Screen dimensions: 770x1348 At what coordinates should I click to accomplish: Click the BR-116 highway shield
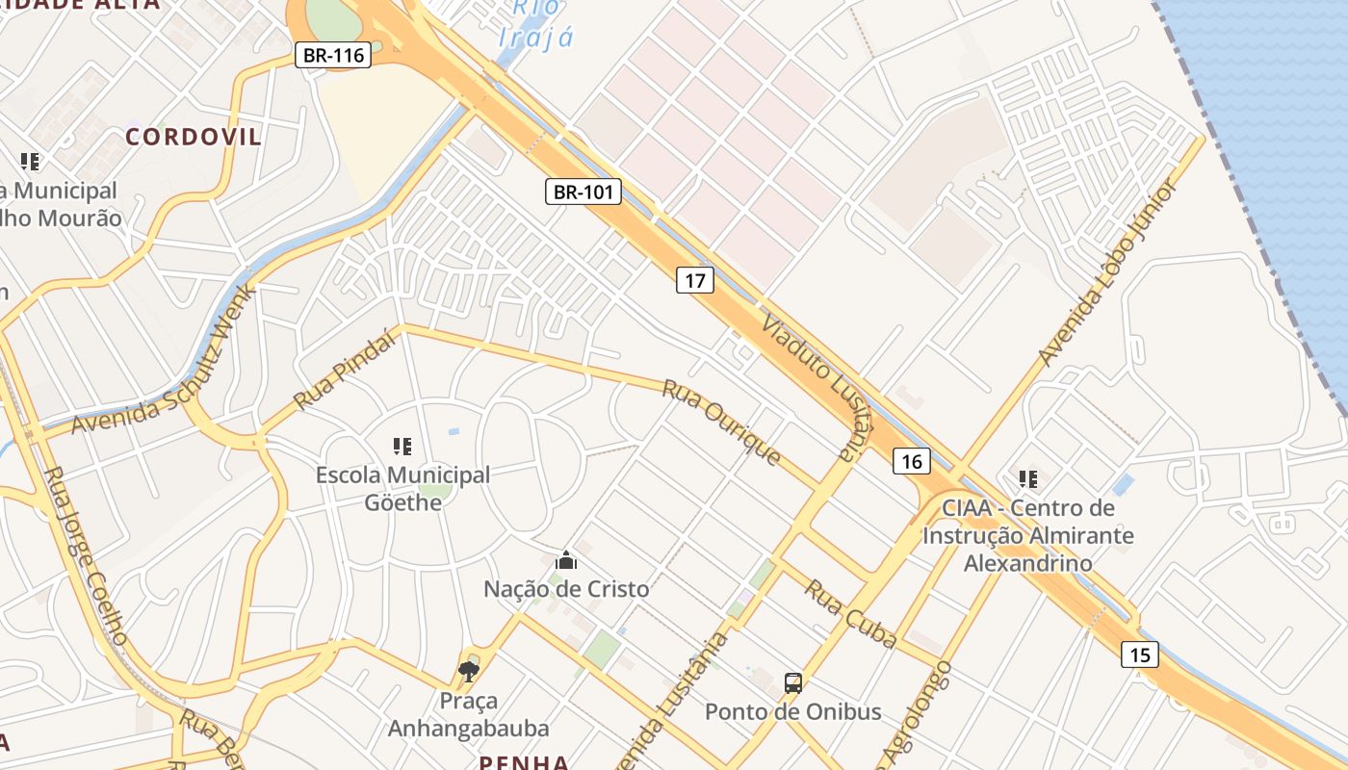pos(333,55)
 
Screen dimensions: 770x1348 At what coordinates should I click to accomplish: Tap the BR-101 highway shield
pos(583,192)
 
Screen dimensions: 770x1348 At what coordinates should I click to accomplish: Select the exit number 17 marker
pos(695,280)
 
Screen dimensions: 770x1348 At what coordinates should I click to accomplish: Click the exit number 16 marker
pos(912,461)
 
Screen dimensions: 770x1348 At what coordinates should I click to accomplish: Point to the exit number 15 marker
pos(1139,654)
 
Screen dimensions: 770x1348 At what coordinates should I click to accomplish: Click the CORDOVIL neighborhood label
pos(194,137)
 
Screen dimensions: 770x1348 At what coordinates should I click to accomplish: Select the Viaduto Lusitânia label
pos(809,386)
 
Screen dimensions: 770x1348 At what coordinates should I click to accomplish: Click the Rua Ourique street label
pos(721,423)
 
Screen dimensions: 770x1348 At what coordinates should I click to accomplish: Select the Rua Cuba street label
pos(850,613)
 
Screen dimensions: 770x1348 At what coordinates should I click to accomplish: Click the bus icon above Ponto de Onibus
pos(793,683)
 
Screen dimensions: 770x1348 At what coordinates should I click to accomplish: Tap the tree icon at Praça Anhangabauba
pos(469,671)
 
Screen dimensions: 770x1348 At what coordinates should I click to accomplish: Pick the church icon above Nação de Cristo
pos(566,560)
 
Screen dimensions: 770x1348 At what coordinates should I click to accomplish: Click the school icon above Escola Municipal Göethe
pos(402,446)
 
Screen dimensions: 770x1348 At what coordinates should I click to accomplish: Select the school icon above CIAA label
pos(1028,478)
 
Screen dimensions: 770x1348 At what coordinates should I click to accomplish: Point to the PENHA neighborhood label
pos(525,762)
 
